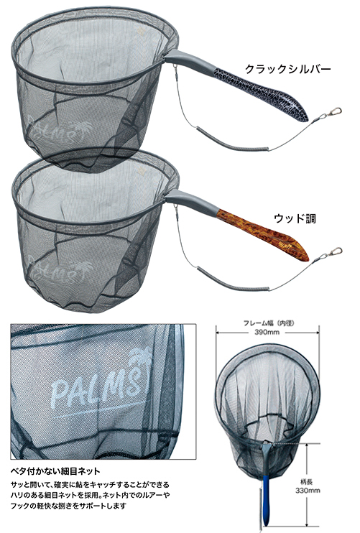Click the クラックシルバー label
(287, 70)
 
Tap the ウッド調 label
(295, 218)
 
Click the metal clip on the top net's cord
(331, 113)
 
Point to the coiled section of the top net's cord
(231, 142)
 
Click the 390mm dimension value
(267, 332)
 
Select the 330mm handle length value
(308, 490)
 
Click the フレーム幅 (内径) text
(268, 323)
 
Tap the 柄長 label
(307, 481)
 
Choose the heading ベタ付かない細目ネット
(55, 471)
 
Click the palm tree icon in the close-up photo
(140, 361)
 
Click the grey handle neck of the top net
(191, 60)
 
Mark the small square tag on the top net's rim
(141, 32)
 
